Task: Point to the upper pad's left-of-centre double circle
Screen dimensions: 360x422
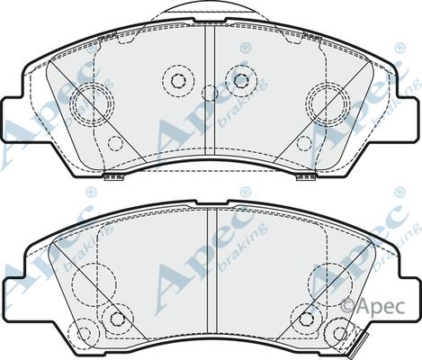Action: coord(175,80)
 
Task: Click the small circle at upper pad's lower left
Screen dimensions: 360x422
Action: coord(114,142)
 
